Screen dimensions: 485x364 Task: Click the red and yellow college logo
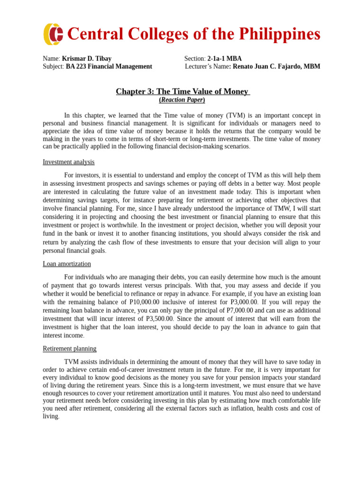click(x=53, y=34)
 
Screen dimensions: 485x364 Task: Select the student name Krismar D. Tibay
click(x=87, y=59)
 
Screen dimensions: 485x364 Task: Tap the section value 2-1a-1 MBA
click(x=224, y=59)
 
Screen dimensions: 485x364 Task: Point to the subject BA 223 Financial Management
click(x=109, y=67)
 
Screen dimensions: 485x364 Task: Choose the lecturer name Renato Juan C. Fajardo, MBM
click(x=276, y=67)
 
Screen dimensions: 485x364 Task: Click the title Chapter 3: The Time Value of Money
click(x=182, y=91)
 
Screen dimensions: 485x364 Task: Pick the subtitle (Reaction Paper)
click(x=182, y=100)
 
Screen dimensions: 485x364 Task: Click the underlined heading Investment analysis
click(x=69, y=162)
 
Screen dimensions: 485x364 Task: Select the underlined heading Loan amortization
click(x=67, y=264)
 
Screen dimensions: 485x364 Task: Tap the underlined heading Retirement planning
click(x=70, y=349)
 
